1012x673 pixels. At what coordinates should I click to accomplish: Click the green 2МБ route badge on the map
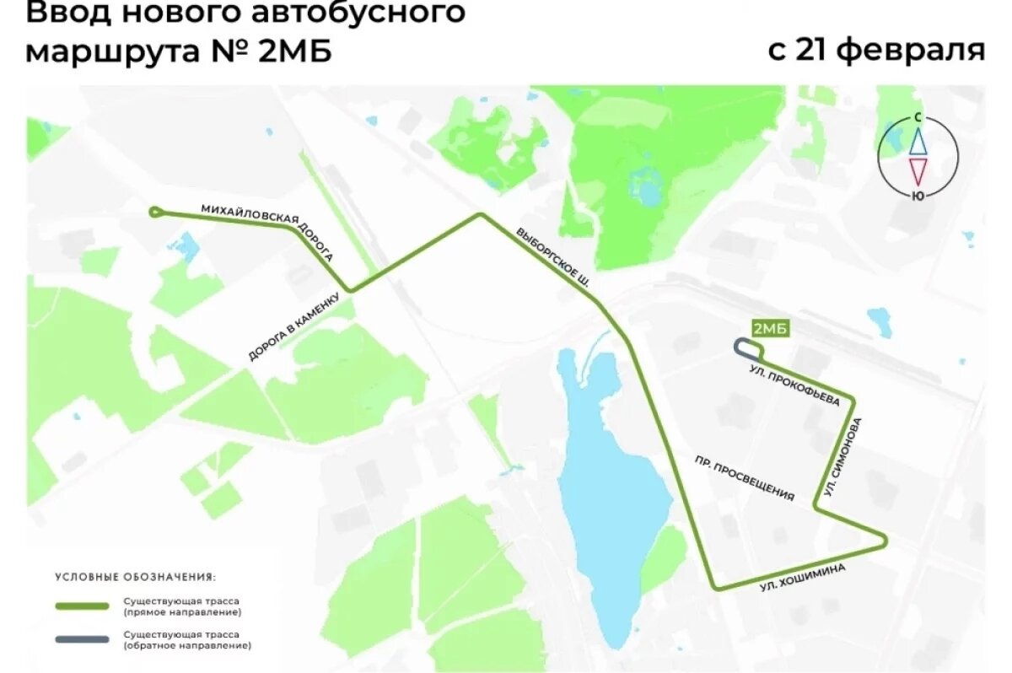click(x=769, y=329)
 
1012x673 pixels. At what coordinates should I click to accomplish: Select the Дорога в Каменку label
click(x=294, y=327)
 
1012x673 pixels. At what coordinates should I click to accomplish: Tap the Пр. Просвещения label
click(x=745, y=479)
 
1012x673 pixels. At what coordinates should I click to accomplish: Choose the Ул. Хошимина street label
click(x=802, y=579)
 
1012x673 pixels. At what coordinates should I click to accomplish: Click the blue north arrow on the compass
click(x=918, y=141)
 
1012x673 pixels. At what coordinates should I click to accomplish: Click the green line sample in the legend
click(x=82, y=606)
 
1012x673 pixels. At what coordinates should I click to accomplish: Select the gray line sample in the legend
click(x=82, y=639)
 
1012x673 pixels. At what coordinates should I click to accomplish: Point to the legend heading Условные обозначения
click(x=135, y=578)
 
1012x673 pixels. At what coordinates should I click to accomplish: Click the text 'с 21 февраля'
click(x=876, y=49)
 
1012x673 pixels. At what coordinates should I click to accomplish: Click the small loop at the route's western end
click(x=155, y=212)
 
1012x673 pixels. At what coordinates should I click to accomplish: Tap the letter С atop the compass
click(x=917, y=119)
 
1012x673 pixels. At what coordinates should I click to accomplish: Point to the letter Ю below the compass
click(x=917, y=196)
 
